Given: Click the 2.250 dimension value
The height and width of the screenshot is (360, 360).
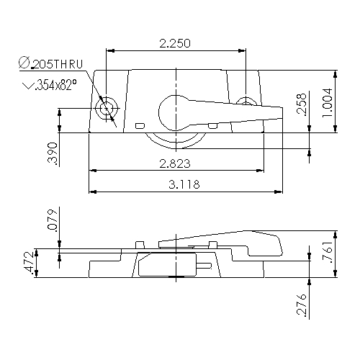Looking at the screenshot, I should [174, 43].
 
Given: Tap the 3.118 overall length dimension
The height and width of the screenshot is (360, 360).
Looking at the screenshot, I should [184, 184].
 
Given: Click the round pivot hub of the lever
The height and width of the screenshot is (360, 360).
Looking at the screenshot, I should [175, 110].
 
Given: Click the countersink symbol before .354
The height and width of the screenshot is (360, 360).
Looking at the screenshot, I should [29, 85].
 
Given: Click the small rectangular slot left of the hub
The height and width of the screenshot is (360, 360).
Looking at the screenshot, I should [139, 126].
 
